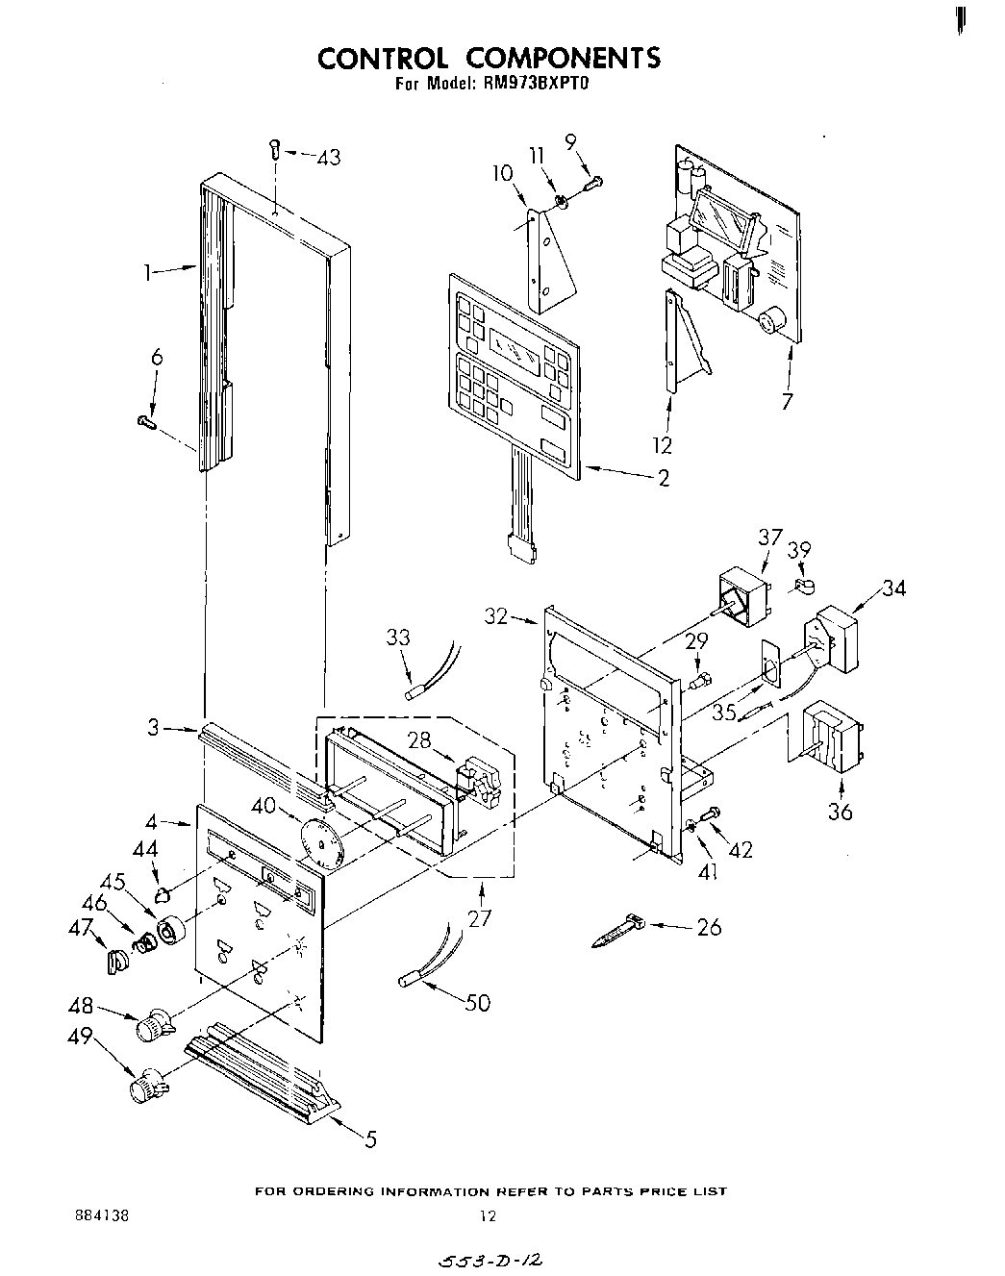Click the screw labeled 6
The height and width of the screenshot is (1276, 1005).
click(147, 420)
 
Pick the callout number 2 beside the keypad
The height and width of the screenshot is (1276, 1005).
click(663, 478)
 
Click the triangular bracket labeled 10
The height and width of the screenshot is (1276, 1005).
click(553, 260)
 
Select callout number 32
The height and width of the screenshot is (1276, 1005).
click(495, 616)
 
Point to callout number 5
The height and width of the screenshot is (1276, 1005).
click(370, 1140)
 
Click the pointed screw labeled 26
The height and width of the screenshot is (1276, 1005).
click(616, 931)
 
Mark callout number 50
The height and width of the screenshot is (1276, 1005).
click(477, 1003)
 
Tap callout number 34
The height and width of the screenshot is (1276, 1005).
click(893, 587)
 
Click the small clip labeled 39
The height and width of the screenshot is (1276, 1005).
click(804, 584)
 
